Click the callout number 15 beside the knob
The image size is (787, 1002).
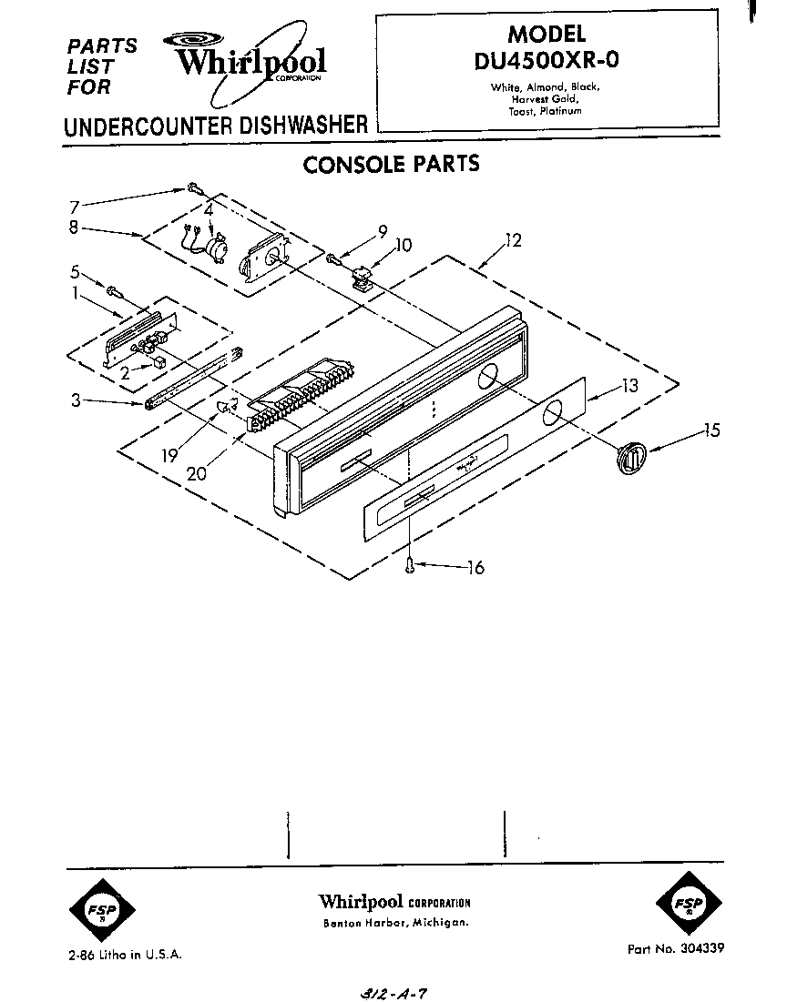pos(711,430)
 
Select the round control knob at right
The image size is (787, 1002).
pos(629,456)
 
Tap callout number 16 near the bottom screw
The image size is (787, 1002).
pos(475,569)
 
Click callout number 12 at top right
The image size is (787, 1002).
pos(514,241)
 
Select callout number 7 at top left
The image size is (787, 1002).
pos(75,207)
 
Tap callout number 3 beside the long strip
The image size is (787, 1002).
pos(74,398)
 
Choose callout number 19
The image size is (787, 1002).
pos(169,456)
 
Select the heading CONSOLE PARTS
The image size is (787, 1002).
pos(391,164)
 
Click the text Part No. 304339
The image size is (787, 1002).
pos(675,948)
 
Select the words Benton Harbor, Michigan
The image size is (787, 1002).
pos(396,923)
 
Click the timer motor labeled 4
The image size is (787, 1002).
pos(217,245)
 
